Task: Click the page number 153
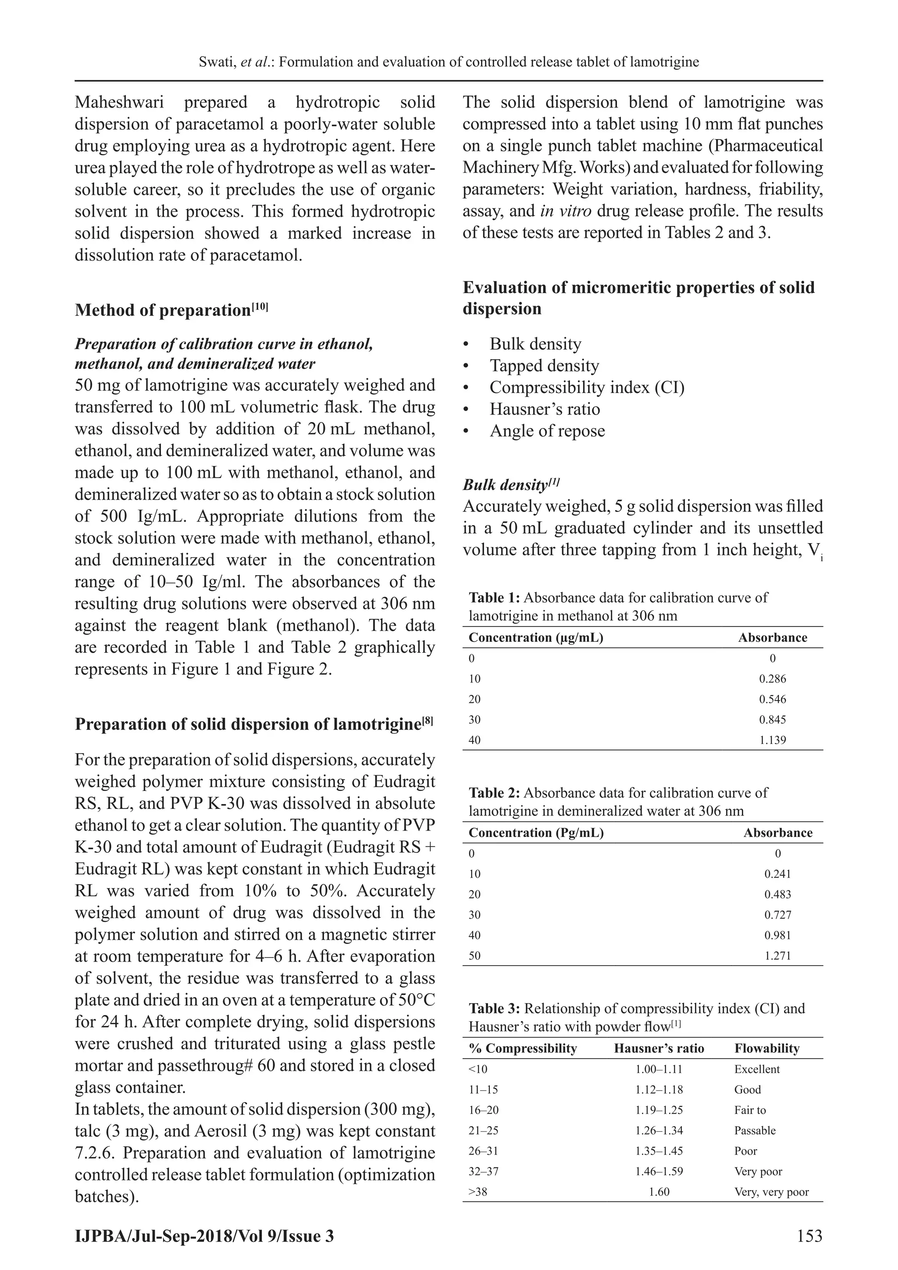[x=809, y=1235]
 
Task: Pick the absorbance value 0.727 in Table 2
[x=777, y=915]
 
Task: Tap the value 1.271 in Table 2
[x=777, y=956]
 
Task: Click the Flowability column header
[x=766, y=1048]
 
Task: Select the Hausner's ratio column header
[x=659, y=1048]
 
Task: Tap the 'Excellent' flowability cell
[x=756, y=1069]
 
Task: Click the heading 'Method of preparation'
[x=163, y=310]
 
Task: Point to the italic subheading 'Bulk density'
[x=505, y=485]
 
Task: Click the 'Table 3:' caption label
[x=494, y=1009]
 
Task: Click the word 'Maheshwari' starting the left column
[x=117, y=102]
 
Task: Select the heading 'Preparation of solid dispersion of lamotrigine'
[x=248, y=724]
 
